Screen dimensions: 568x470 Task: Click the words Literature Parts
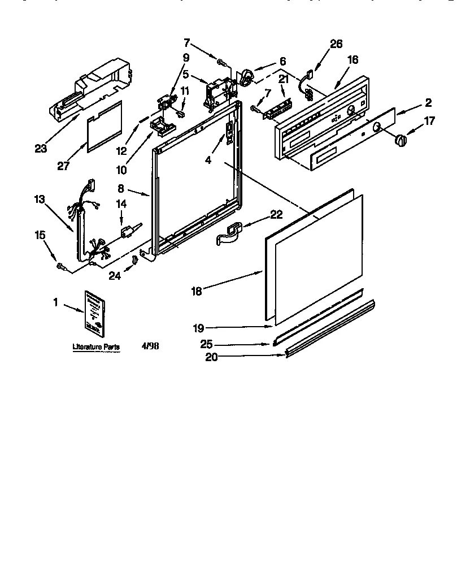pyautogui.click(x=96, y=348)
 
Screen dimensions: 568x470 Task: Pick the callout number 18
pyautogui.click(x=196, y=292)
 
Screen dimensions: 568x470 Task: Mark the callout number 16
pyautogui.click(x=352, y=59)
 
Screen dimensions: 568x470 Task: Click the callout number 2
pyautogui.click(x=428, y=102)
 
